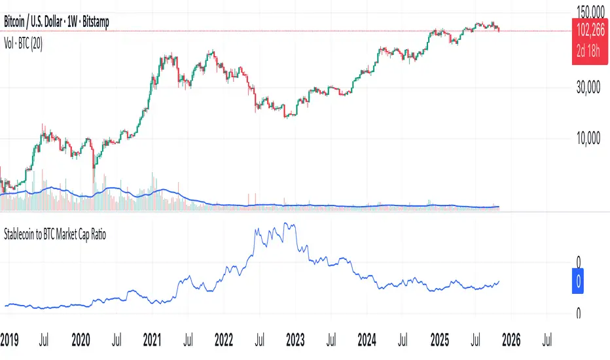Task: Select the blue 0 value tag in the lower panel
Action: point(579,283)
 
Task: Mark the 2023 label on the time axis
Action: point(295,340)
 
